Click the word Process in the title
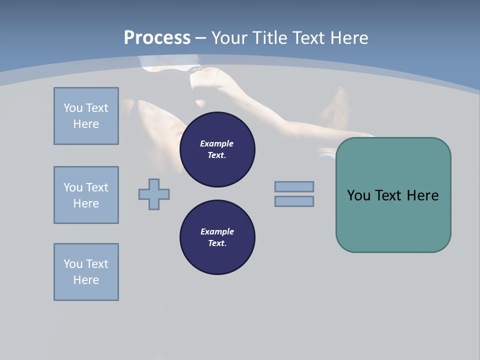(x=157, y=38)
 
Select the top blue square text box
(x=86, y=116)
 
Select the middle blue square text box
(x=86, y=195)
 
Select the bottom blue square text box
(x=86, y=272)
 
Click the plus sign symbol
(x=154, y=194)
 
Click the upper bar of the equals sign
(x=294, y=186)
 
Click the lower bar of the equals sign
(x=294, y=201)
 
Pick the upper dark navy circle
(x=217, y=149)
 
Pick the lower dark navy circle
(x=217, y=237)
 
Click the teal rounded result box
(x=393, y=220)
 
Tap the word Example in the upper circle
(x=217, y=143)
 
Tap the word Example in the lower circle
(x=217, y=231)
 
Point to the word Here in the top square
(x=86, y=124)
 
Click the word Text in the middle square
(x=97, y=187)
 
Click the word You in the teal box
(x=358, y=195)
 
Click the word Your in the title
(x=229, y=38)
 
